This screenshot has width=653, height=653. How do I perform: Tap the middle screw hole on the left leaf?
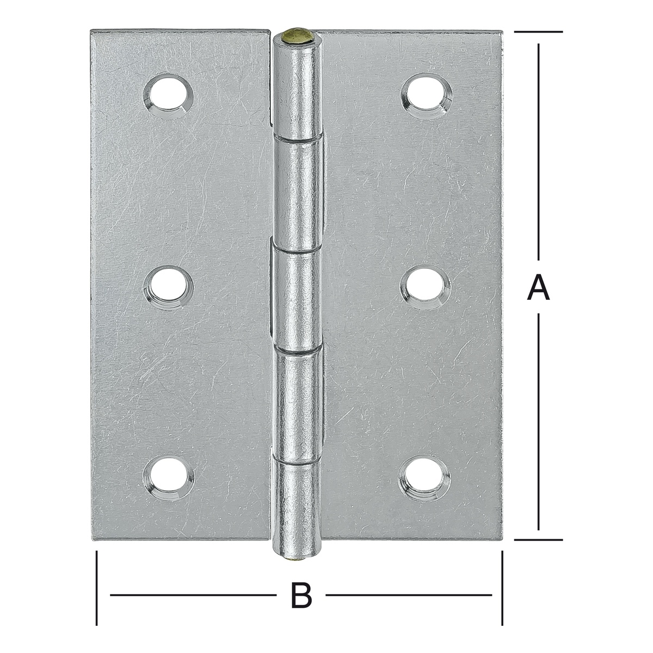coord(168,288)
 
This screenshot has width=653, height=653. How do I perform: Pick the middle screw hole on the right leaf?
coord(426,286)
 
